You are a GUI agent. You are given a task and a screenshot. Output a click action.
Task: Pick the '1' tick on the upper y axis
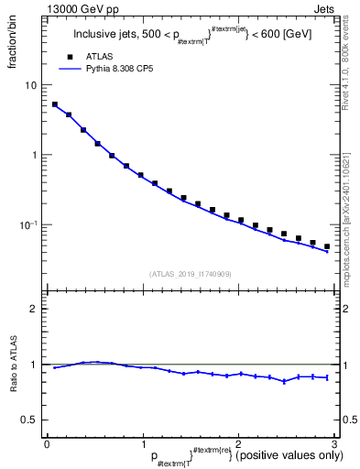(35, 155)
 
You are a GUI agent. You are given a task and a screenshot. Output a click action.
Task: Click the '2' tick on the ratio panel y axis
(35, 309)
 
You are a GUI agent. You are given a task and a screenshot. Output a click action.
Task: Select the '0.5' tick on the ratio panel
(30, 420)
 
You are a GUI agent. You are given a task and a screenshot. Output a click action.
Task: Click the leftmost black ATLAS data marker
(55, 104)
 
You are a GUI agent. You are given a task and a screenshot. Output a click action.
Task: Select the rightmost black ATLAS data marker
(327, 246)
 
